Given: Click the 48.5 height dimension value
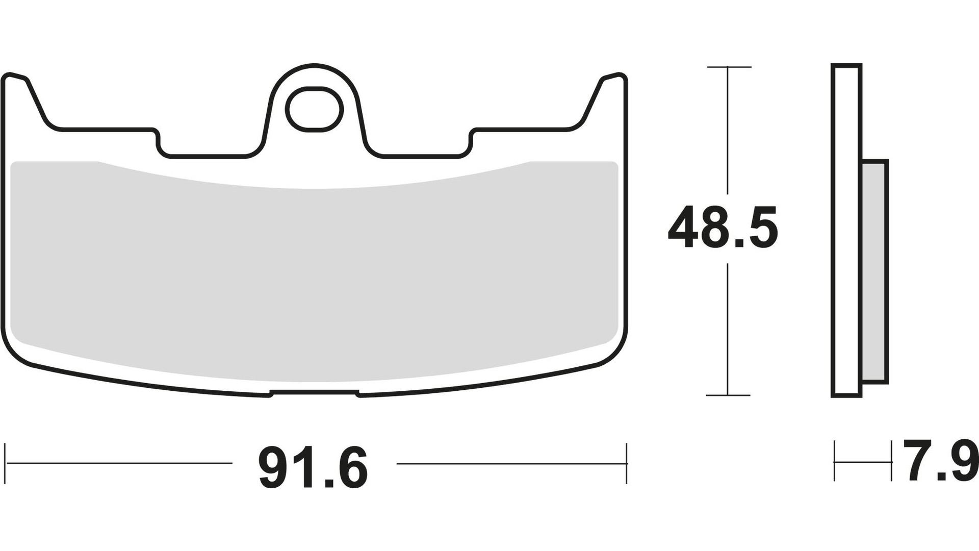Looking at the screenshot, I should (723, 228).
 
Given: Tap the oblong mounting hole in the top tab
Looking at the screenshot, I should (314, 109).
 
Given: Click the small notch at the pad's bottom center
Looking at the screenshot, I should (314, 393).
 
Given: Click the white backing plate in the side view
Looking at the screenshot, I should (846, 230).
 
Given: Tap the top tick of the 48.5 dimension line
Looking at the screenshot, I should (728, 67).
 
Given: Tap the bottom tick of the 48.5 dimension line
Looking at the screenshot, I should (728, 395).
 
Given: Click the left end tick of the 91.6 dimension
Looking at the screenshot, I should (5, 463).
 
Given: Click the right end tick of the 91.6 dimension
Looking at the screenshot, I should (626, 463).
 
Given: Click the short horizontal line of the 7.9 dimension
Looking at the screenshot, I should (863, 462).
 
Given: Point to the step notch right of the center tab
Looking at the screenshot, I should (470, 143).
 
